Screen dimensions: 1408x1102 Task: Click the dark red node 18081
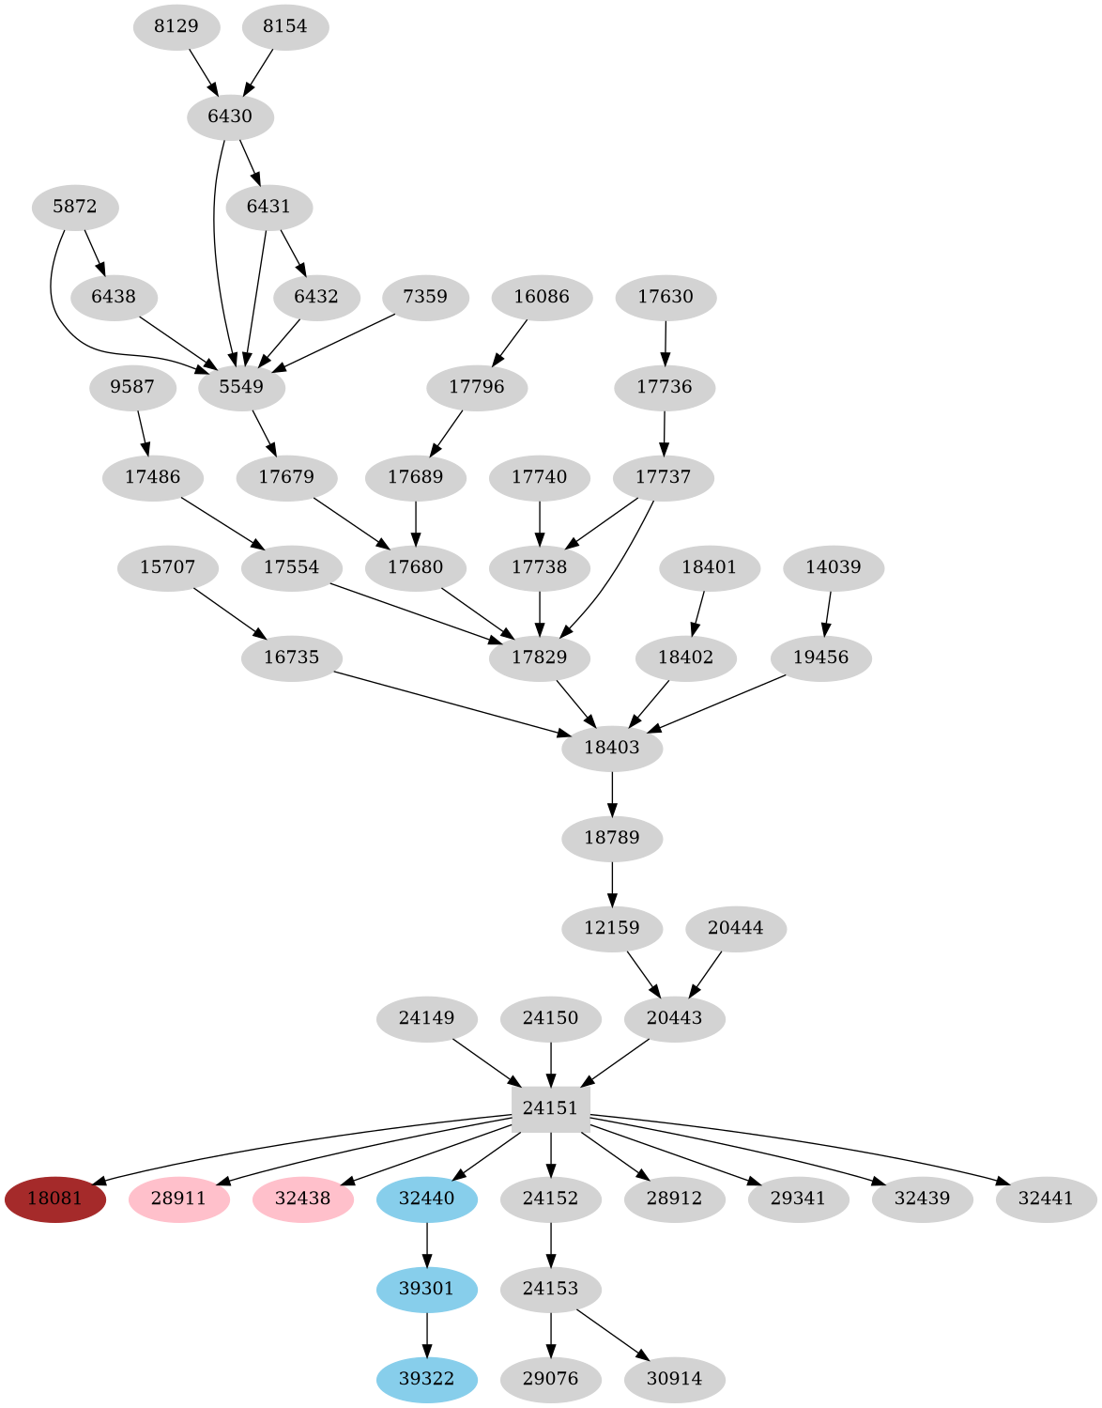tap(54, 1199)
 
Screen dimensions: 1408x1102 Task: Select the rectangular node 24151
tap(550, 1108)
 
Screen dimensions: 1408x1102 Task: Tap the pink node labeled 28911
tap(178, 1199)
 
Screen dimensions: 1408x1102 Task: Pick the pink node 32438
tap(302, 1199)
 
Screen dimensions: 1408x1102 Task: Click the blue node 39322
tap(426, 1379)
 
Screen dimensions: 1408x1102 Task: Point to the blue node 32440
tap(426, 1199)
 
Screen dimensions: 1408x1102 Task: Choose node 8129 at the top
tap(176, 26)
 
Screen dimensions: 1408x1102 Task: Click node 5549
tap(241, 387)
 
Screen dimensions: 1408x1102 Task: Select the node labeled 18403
tap(612, 748)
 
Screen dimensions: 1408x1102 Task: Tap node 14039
tap(834, 567)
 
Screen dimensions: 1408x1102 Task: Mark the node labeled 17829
tap(540, 658)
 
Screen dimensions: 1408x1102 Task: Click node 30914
tap(674, 1379)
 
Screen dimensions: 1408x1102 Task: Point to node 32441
tap(1046, 1199)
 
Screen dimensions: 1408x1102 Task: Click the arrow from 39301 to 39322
tap(427, 1333)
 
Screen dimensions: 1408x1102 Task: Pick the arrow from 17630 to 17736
tap(666, 342)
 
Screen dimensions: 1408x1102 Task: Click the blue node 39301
tap(426, 1289)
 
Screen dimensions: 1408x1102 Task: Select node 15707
tap(167, 567)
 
